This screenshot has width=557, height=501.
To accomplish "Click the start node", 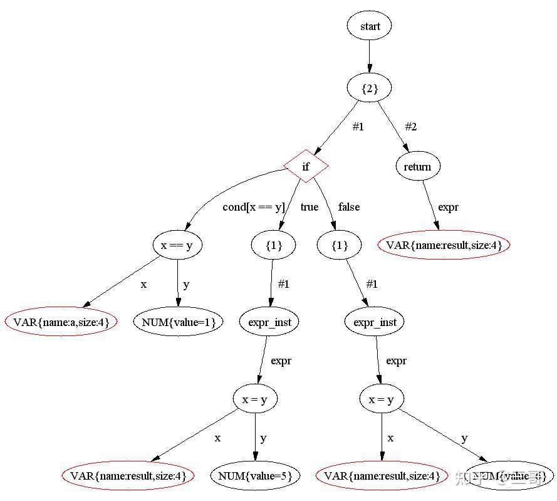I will tap(369, 26).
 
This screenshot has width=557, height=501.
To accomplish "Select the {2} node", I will tap(369, 88).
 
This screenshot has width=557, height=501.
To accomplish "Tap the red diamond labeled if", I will tap(306, 166).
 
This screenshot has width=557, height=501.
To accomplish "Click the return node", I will tap(418, 166).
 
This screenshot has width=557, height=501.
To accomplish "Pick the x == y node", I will tap(177, 245).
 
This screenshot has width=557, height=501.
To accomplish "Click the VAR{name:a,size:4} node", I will tap(61, 322).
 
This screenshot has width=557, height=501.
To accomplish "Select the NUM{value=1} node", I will tap(178, 322).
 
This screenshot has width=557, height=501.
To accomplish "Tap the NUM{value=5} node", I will tap(255, 476).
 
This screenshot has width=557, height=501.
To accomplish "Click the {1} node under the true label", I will tap(274, 245).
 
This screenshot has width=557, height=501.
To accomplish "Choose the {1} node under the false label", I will tap(340, 245).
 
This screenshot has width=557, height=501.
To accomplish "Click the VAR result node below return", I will tap(444, 245).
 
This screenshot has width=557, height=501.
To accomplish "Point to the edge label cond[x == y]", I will tap(254, 207).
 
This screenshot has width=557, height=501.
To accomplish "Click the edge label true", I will tap(310, 207).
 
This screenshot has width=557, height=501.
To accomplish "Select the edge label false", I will tap(349, 207).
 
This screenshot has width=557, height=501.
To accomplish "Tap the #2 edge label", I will tap(410, 127).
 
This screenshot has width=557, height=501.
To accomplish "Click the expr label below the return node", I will tap(448, 207).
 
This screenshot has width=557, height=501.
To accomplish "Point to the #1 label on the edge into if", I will tap(358, 127).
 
